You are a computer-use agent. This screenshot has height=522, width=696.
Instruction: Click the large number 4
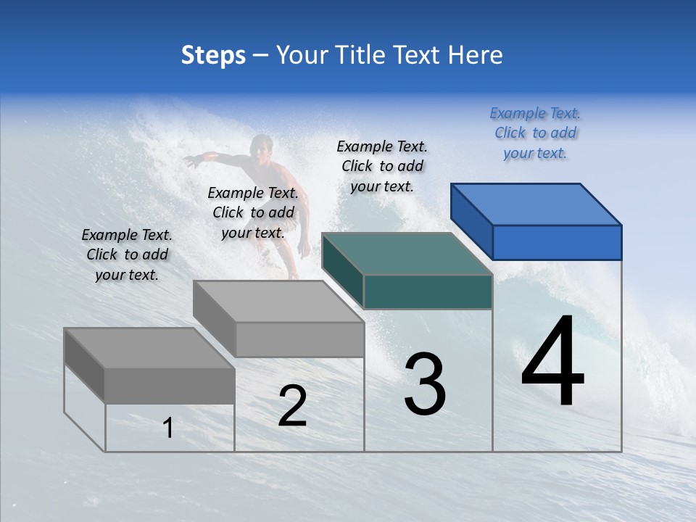[552, 362]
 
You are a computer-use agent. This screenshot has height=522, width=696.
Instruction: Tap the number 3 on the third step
[425, 385]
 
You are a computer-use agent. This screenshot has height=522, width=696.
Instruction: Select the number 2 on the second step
[292, 406]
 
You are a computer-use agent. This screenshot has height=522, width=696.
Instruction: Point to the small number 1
[167, 428]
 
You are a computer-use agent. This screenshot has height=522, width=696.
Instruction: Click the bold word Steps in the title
[213, 55]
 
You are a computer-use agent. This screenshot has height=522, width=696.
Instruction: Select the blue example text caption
[535, 133]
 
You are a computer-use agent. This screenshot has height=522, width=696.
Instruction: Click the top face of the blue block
[536, 204]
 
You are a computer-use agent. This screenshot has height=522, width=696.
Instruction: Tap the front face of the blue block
[557, 242]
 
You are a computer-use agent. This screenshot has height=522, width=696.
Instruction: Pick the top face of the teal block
[407, 254]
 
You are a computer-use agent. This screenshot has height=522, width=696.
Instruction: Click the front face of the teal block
[428, 291]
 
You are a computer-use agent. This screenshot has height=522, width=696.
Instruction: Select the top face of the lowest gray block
[149, 348]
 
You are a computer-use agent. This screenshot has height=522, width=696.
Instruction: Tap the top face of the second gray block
[278, 301]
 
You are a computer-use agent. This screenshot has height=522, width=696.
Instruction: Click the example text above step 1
[127, 254]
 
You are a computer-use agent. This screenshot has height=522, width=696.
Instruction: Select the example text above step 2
[253, 212]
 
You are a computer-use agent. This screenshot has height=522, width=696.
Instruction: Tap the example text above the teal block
[382, 166]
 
